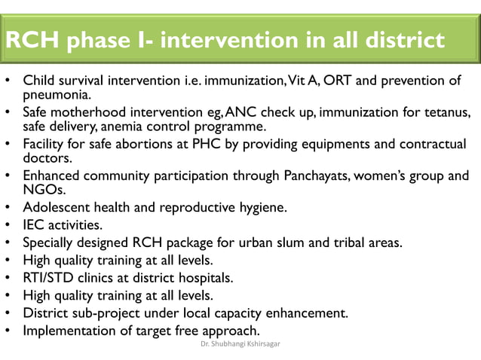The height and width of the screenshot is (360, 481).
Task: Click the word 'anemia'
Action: pyautogui.click(x=134, y=127)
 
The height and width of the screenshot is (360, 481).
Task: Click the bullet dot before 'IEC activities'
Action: pyautogui.click(x=8, y=225)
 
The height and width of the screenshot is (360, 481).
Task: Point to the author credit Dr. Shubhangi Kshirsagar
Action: pyautogui.click(x=240, y=346)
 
